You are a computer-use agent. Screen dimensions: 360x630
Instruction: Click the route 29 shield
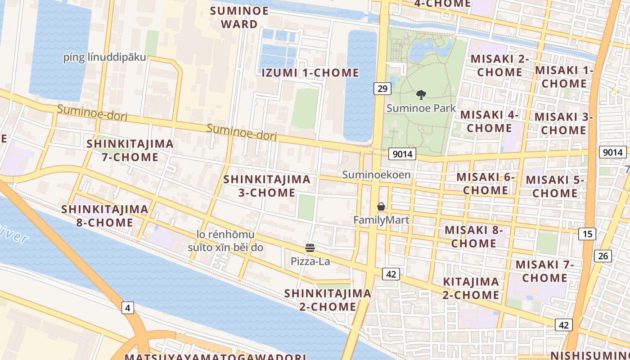[x=382, y=88]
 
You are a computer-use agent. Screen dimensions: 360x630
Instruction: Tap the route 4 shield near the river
[x=128, y=308]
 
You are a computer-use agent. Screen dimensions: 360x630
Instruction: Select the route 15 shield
[x=588, y=234]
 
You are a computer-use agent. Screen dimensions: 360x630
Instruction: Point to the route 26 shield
[x=603, y=256]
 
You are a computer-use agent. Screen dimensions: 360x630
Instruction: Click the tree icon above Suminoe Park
[x=421, y=95]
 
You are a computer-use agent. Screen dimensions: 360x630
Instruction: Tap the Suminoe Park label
[x=421, y=108]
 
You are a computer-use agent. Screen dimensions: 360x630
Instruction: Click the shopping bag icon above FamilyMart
[x=381, y=207]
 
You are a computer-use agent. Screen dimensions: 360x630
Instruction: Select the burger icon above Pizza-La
[x=310, y=247]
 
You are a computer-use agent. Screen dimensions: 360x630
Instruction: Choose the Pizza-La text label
[x=310, y=261]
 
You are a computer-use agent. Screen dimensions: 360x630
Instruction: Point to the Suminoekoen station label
[x=376, y=175]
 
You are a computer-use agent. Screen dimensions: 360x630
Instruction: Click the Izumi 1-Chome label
[x=310, y=72]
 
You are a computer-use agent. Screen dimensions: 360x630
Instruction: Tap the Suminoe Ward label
[x=239, y=17]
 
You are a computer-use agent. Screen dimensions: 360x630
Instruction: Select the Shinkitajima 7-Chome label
[x=130, y=150]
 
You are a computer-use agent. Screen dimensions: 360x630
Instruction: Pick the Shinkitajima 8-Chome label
[x=104, y=216]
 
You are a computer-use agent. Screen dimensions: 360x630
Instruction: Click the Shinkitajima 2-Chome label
[x=328, y=300]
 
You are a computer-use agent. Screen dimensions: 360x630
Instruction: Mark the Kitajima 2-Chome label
[x=471, y=288]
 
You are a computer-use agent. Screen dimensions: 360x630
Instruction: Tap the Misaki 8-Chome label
[x=473, y=237]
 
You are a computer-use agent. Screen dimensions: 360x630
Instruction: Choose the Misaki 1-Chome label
[x=564, y=77]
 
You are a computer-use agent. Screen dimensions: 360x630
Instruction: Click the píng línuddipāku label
[x=105, y=57]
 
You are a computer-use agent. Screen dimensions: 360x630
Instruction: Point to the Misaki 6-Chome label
[x=486, y=184]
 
